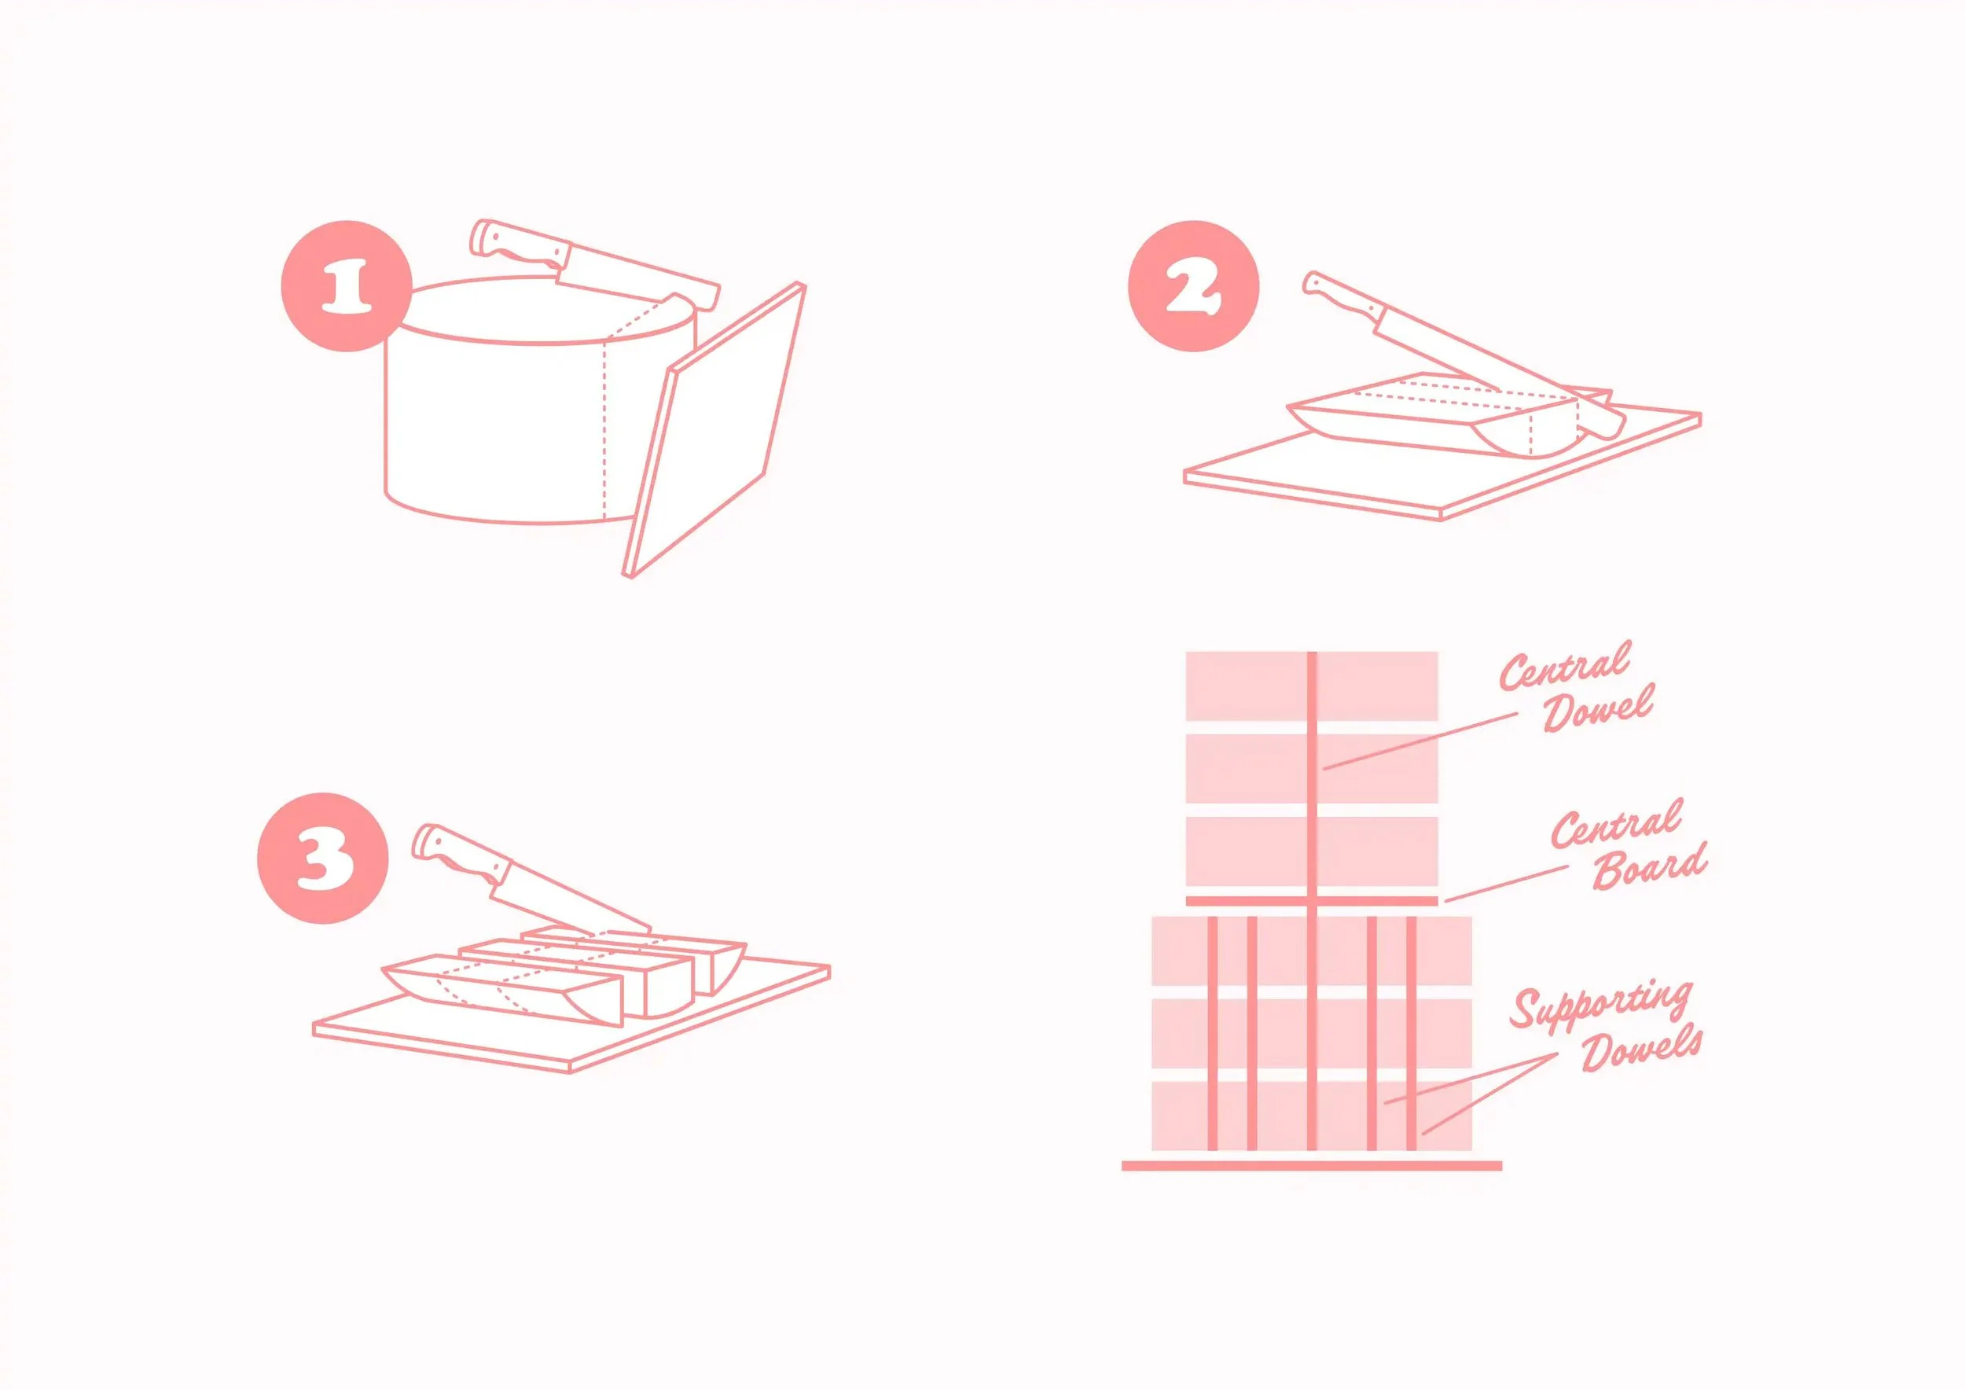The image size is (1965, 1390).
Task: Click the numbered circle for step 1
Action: coord(347,286)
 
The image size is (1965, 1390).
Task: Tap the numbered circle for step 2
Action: coord(1194,286)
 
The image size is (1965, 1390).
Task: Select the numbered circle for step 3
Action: coord(322,858)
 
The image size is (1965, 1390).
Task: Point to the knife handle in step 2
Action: coord(1339,300)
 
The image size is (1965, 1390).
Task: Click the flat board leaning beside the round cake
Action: coord(714,430)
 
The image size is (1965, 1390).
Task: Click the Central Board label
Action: coord(1629,845)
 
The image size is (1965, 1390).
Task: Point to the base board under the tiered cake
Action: coord(1311,1166)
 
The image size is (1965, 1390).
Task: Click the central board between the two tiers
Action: coord(1311,900)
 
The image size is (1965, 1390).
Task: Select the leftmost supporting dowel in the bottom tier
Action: coord(1212,1033)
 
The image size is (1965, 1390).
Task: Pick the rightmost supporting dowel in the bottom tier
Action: coord(1412,1033)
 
